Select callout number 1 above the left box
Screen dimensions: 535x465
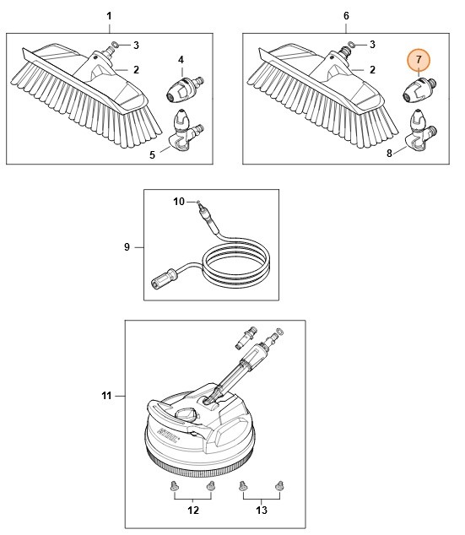(108, 17)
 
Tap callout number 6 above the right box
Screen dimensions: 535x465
(346, 17)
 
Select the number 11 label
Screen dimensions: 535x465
(107, 395)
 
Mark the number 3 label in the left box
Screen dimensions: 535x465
(137, 44)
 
